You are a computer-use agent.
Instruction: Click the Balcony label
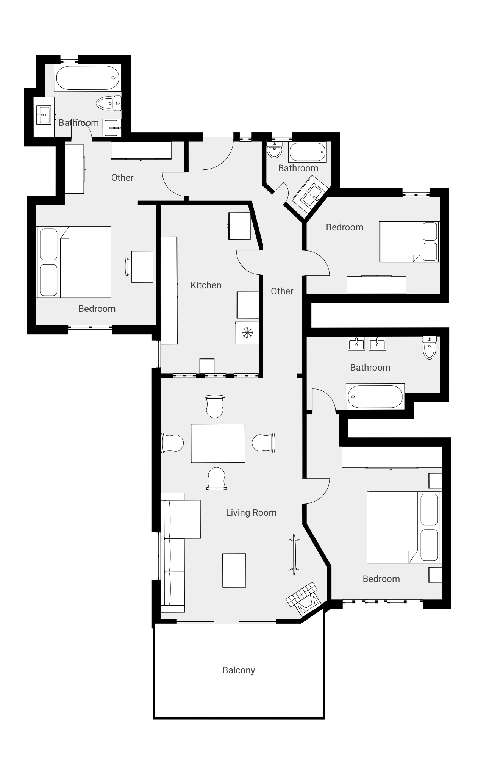pyautogui.click(x=239, y=670)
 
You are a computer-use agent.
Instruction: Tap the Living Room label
pyautogui.click(x=251, y=513)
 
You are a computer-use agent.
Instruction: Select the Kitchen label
pyautogui.click(x=206, y=285)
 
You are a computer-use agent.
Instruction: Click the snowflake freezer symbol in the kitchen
pyautogui.click(x=247, y=333)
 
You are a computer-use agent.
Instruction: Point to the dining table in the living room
pyautogui.click(x=218, y=443)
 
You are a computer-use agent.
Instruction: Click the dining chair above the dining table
pyautogui.click(x=215, y=406)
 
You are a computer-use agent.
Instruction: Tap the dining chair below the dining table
pyautogui.click(x=217, y=479)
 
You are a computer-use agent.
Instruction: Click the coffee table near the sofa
pyautogui.click(x=234, y=570)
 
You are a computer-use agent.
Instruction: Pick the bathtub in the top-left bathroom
pyautogui.click(x=87, y=78)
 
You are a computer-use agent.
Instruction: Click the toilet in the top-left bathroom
pyautogui.click(x=108, y=103)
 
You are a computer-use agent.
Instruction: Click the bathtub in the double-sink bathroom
pyautogui.click(x=375, y=396)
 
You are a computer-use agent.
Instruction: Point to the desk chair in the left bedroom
pyautogui.click(x=128, y=267)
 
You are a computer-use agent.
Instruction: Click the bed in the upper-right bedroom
pyautogui.click(x=409, y=242)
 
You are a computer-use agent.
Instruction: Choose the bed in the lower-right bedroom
pyautogui.click(x=404, y=527)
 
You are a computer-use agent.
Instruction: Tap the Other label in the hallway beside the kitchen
pyautogui.click(x=282, y=291)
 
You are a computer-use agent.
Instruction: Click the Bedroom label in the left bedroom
pyautogui.click(x=97, y=309)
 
